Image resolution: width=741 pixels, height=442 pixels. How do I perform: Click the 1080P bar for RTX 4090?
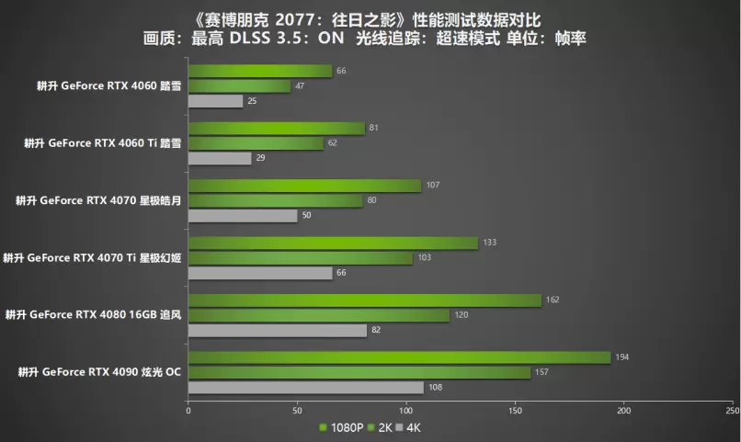tap(399, 357)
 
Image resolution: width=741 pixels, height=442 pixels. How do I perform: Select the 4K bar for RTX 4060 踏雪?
tap(216, 101)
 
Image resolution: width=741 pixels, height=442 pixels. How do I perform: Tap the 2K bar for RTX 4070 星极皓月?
tap(276, 200)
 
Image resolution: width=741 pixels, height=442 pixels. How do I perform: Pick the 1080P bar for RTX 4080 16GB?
tap(364, 300)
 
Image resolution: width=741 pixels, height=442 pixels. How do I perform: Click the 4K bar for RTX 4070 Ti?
tap(260, 273)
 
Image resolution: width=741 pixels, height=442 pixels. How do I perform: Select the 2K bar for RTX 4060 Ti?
tap(256, 143)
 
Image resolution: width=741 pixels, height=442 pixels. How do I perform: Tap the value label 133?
tap(490, 242)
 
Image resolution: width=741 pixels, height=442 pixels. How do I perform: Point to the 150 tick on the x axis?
tap(515, 410)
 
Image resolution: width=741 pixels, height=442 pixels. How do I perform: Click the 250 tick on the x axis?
tap(732, 410)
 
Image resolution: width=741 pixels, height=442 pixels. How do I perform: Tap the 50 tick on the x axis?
tap(297, 410)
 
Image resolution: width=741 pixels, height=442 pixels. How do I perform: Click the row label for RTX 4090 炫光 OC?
tap(98, 371)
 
